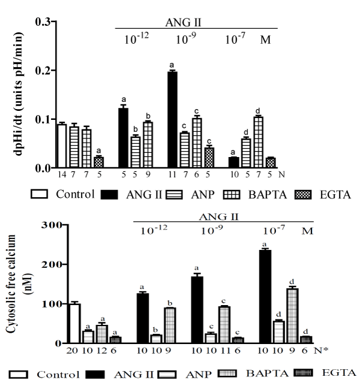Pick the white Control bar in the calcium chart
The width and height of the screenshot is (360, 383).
(74, 323)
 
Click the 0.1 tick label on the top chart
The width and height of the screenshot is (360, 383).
(43, 119)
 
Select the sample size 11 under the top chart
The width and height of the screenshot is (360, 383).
(172, 175)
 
